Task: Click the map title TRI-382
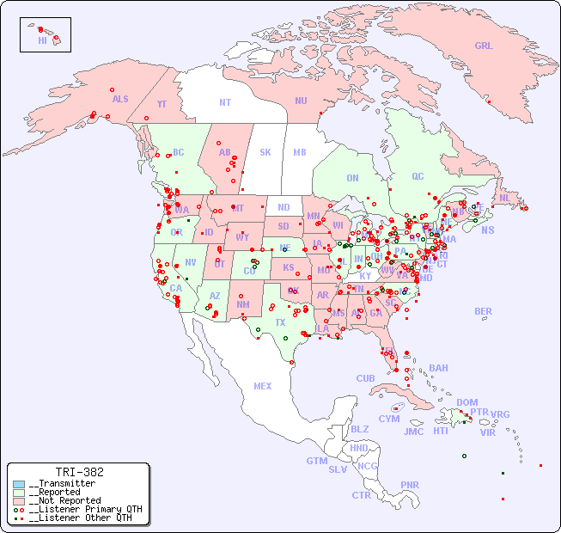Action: (x=79, y=472)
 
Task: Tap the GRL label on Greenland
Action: (x=484, y=46)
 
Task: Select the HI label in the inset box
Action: (x=42, y=40)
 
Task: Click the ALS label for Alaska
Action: (x=120, y=99)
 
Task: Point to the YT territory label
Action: (x=162, y=104)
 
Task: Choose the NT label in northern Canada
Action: (x=225, y=101)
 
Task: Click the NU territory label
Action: (x=301, y=101)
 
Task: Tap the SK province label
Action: (x=265, y=152)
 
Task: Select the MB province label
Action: (x=300, y=152)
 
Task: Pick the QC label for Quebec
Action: (x=418, y=176)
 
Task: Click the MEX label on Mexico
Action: (x=263, y=386)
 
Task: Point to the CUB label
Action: (x=365, y=378)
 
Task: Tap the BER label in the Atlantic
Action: (x=484, y=311)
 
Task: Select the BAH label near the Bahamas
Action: (x=438, y=368)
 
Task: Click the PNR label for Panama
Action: (x=410, y=485)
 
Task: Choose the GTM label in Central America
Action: (x=316, y=461)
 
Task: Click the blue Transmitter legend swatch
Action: (x=19, y=484)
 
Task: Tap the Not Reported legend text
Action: (x=64, y=500)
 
